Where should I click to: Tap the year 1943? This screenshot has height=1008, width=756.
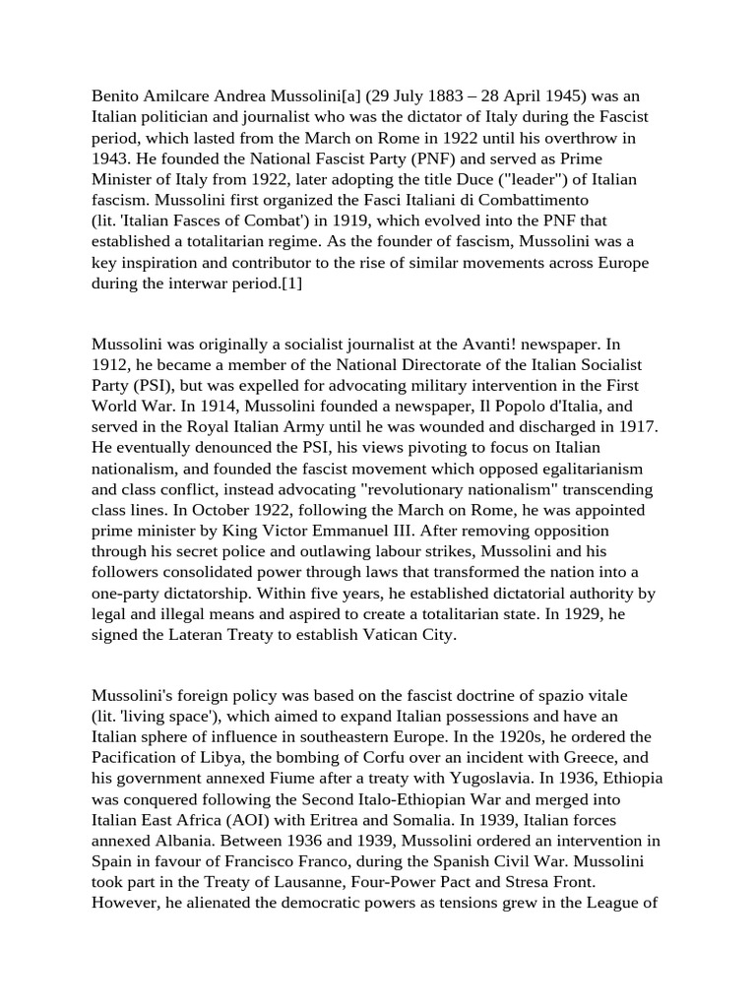click(111, 159)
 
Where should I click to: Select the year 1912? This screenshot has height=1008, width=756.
click(112, 365)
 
